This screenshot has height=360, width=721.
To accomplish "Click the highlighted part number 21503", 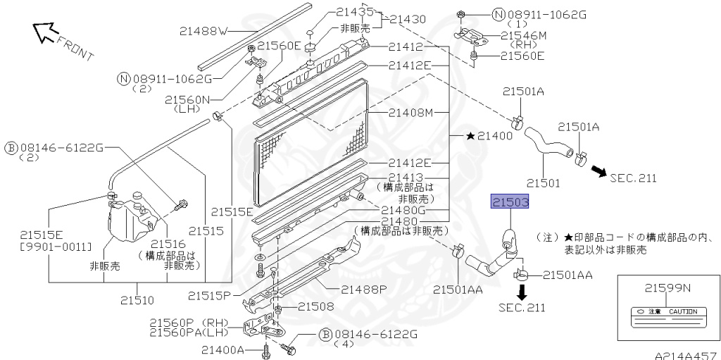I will [510, 202].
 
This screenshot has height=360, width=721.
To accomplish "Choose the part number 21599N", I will [667, 287].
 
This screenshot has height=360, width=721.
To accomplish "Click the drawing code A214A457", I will [684, 354].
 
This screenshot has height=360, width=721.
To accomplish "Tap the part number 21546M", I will [522, 34].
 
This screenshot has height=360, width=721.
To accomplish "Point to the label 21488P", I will [364, 288].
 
